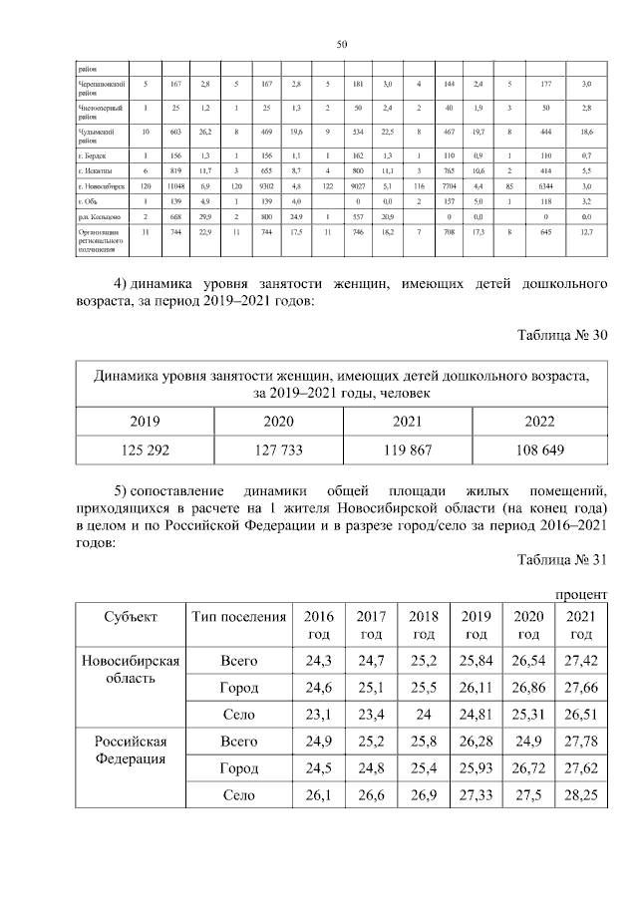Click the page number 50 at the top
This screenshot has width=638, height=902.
click(x=341, y=45)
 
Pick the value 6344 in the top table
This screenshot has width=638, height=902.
click(x=544, y=186)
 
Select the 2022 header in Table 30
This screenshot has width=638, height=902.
click(x=539, y=422)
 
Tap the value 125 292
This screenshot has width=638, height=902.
click(x=145, y=451)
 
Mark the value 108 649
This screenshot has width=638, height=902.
click(x=539, y=451)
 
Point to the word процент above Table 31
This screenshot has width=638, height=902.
click(x=580, y=594)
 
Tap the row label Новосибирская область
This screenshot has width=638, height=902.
click(x=130, y=669)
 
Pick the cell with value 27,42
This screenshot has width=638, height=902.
click(x=581, y=660)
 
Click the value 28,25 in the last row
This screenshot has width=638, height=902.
click(x=581, y=795)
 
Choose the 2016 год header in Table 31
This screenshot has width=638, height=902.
click(x=319, y=624)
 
